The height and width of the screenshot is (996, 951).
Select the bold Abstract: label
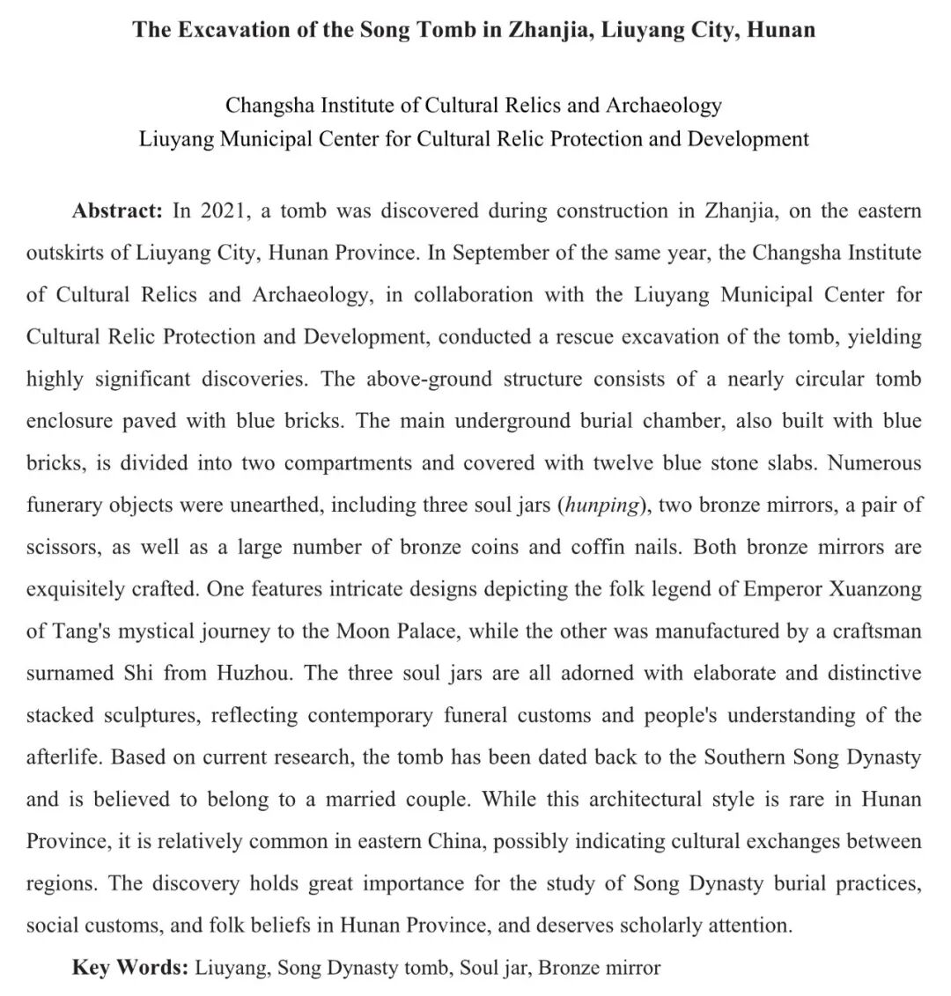[117, 211]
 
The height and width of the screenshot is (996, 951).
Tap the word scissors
[63, 548]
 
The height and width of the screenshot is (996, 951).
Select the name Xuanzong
[875, 589]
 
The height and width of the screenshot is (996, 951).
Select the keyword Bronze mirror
[599, 968]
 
